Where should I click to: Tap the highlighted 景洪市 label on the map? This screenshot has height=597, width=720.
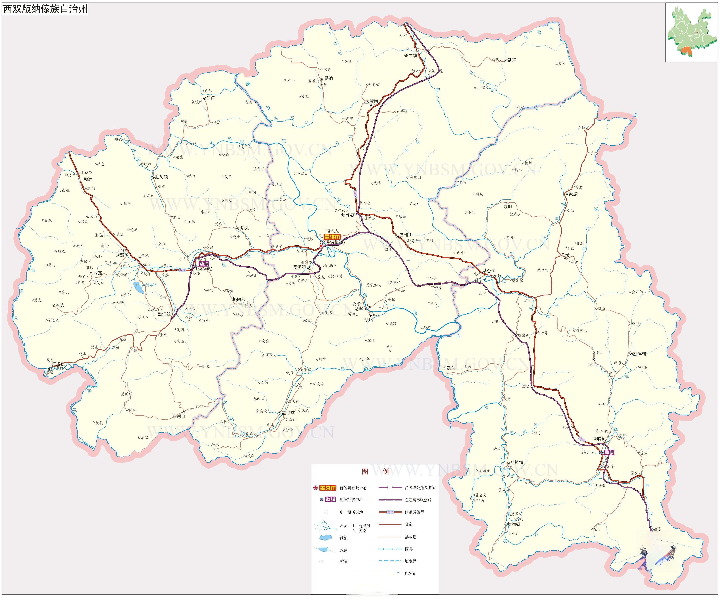[x=332, y=237]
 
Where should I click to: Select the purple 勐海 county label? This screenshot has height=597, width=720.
[x=204, y=264]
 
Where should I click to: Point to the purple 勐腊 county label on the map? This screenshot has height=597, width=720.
[x=609, y=452]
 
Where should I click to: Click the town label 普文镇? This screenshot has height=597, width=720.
[x=410, y=56]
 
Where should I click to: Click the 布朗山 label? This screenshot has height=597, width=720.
[x=179, y=416]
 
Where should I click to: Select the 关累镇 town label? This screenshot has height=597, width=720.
[x=449, y=368]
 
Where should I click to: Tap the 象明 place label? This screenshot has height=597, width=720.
[x=508, y=207]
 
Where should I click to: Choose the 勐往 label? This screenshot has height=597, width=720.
[x=210, y=97]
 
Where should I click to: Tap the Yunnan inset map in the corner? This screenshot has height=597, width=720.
[x=691, y=33]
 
